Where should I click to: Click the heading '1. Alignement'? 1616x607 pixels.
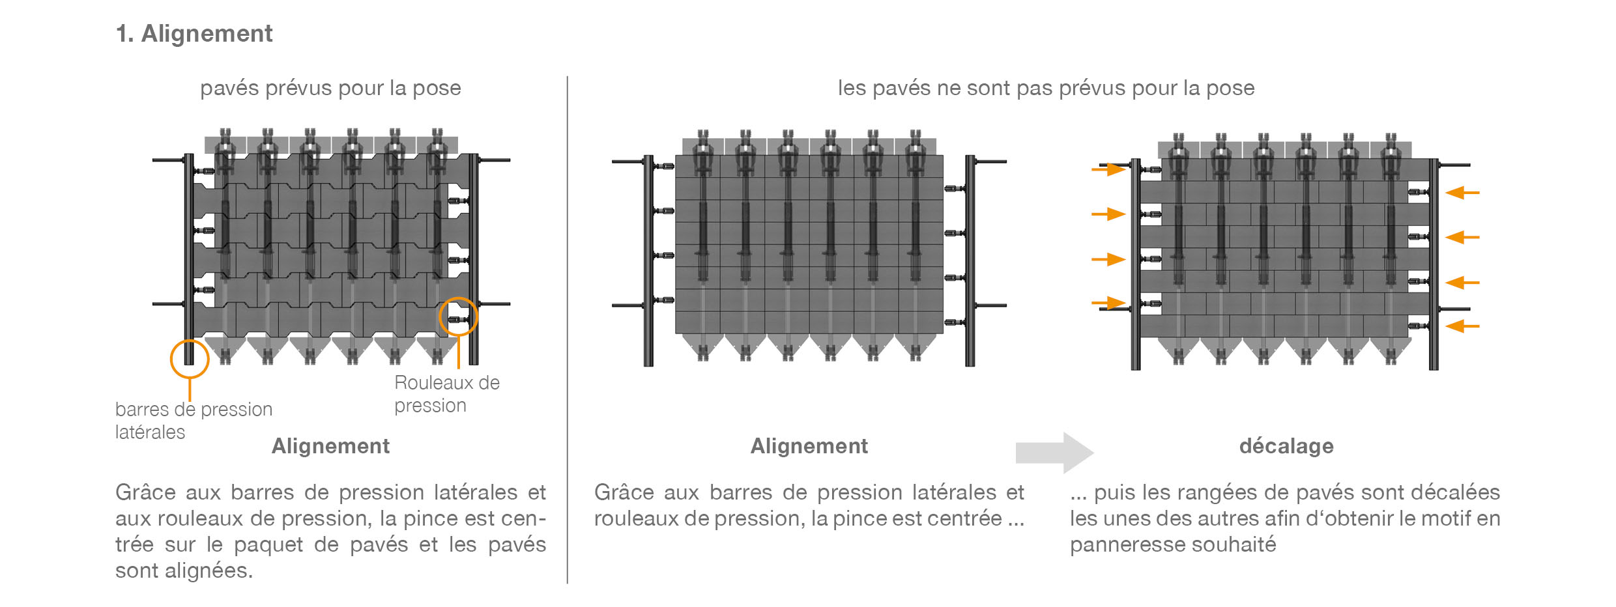coord(194,34)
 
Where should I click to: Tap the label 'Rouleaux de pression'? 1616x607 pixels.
coord(446,394)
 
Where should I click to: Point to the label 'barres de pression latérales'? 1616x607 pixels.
coord(194,420)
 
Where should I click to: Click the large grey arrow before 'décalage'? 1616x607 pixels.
coord(1054,452)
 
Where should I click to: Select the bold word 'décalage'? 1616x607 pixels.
coord(1286,446)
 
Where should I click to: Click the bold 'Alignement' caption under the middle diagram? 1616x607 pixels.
coord(809,446)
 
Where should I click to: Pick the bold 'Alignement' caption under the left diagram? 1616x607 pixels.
coord(330,446)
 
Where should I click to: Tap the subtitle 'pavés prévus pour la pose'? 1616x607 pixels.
coord(330,88)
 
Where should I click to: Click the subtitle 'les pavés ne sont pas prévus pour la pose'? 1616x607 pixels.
coord(1046,88)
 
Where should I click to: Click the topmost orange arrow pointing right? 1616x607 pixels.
coord(1108,170)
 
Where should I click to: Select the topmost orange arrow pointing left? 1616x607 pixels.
coord(1462,193)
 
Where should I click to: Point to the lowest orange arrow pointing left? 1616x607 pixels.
coord(1462,326)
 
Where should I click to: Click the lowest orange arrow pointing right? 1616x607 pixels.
coord(1108,303)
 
